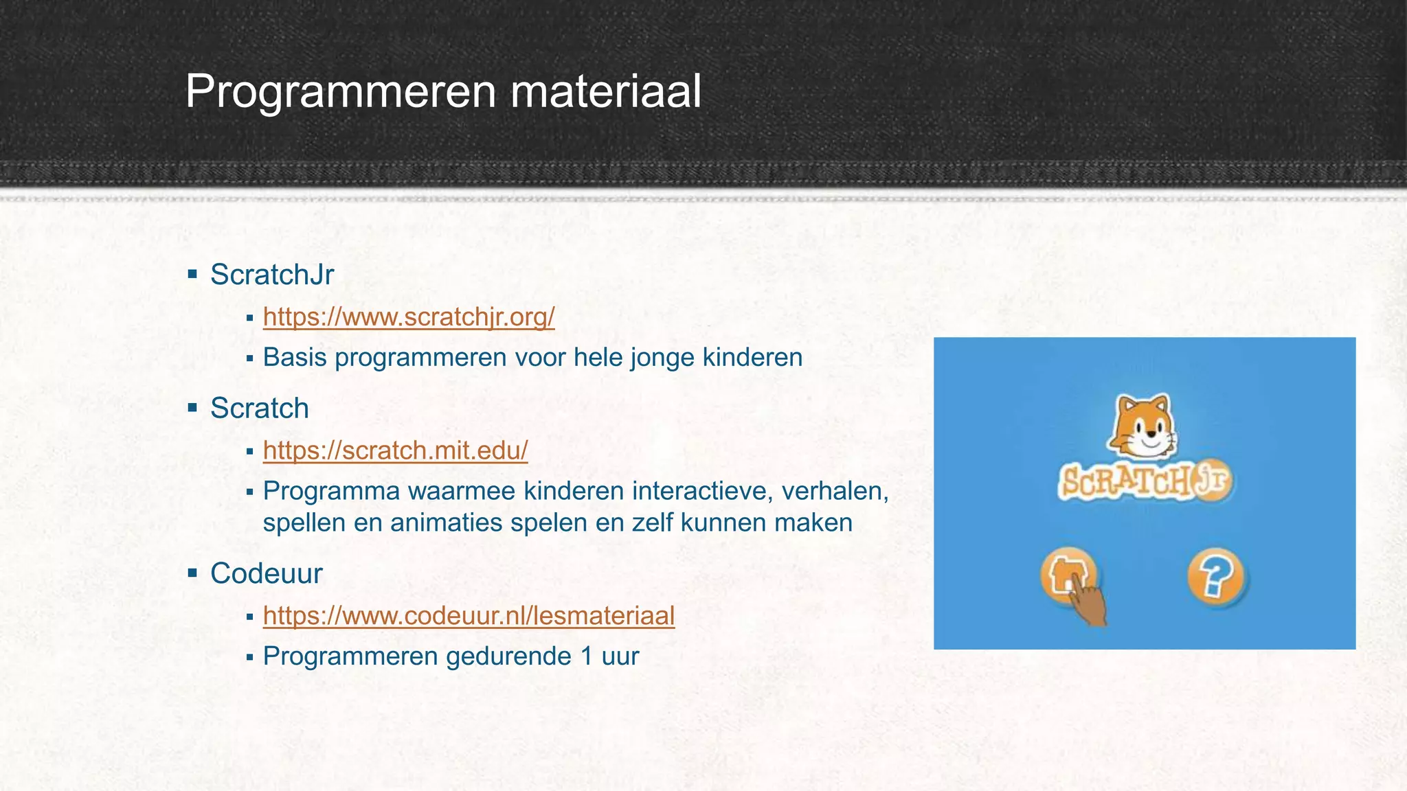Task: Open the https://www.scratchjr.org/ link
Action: coord(409,317)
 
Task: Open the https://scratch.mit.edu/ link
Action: coord(395,450)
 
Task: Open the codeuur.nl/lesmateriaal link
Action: coord(469,615)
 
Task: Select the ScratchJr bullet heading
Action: coord(272,275)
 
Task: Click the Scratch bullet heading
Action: coord(259,409)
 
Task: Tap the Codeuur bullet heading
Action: coord(266,573)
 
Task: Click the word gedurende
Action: coord(508,656)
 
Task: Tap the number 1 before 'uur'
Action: coord(586,656)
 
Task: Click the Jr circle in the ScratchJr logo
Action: coord(1212,479)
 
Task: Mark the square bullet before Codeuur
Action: coord(192,573)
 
